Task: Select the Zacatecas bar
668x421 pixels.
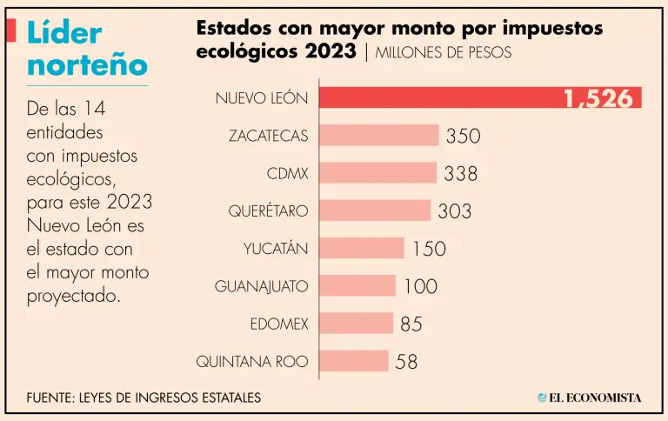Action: pyautogui.click(x=379, y=136)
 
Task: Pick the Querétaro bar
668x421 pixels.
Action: pyautogui.click(x=375, y=210)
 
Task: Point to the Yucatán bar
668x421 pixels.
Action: pyautogui.click(x=362, y=248)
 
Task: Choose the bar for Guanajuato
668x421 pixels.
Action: pyautogui.click(x=357, y=285)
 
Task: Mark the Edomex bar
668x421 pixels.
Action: pyautogui.click(x=356, y=324)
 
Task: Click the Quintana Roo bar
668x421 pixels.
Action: pyautogui.click(x=353, y=361)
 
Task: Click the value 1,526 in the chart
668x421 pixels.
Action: pyautogui.click(x=598, y=98)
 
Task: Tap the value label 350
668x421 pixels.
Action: pyautogui.click(x=463, y=137)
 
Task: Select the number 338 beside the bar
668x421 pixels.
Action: pyautogui.click(x=460, y=174)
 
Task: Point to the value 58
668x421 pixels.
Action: pyautogui.click(x=406, y=362)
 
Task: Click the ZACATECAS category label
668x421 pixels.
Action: pyautogui.click(x=268, y=136)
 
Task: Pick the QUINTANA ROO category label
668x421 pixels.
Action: pyautogui.click(x=252, y=361)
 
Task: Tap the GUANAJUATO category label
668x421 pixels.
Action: pyautogui.click(x=261, y=285)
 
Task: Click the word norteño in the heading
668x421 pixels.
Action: pyautogui.click(x=87, y=63)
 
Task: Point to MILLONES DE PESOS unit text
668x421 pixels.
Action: pyautogui.click(x=444, y=52)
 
